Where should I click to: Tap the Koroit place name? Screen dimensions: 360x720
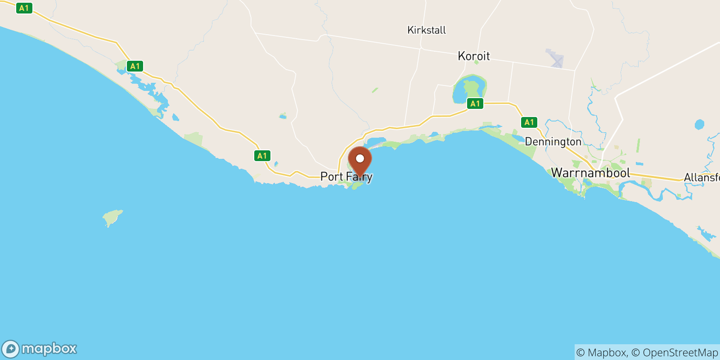click(x=473, y=56)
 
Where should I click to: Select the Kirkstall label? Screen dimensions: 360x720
click(x=426, y=30)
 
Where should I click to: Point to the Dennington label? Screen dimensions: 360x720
click(x=553, y=142)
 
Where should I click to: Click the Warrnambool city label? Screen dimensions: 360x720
click(x=590, y=173)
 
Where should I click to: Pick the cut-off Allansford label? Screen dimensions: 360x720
click(x=701, y=178)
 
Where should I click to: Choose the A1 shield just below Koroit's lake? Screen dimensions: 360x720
click(x=475, y=103)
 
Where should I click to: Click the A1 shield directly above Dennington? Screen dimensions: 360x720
click(x=529, y=122)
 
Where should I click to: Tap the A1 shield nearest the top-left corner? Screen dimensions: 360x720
click(x=24, y=8)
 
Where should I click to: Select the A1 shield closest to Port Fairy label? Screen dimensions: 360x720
click(x=262, y=156)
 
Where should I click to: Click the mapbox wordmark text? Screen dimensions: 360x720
click(x=49, y=349)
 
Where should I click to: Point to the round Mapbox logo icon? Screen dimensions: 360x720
click(x=11, y=349)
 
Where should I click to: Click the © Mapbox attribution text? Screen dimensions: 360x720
click(x=601, y=352)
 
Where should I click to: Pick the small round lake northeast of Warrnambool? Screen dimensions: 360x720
click(x=699, y=124)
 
